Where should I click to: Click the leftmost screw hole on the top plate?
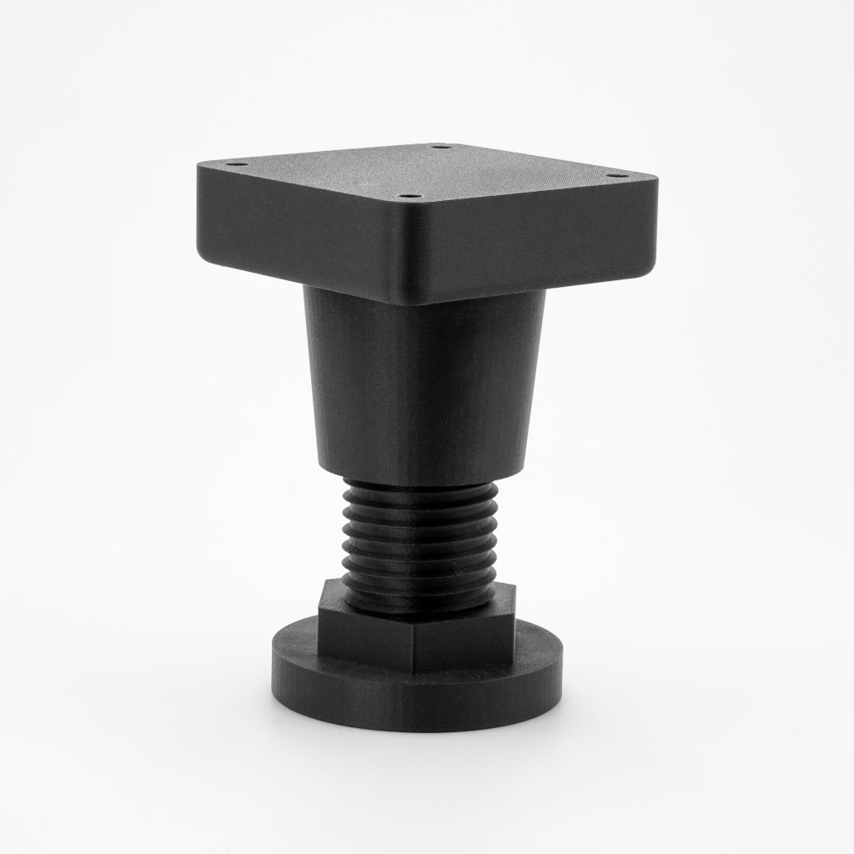coord(236,164)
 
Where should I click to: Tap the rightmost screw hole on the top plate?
coord(615,175)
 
